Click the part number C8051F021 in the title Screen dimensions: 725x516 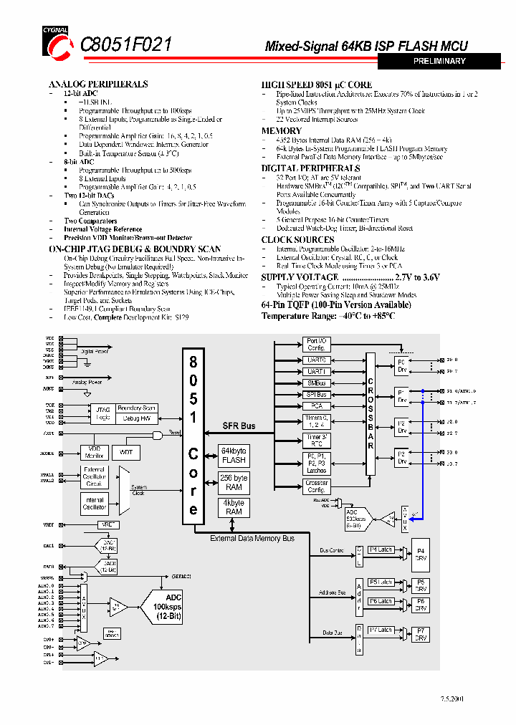pyautogui.click(x=126, y=44)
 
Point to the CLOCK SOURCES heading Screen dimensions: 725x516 pyautogui.click(x=297, y=239)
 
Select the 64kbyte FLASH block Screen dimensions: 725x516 pyautogui.click(x=234, y=456)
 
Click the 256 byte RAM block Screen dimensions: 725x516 pyautogui.click(x=234, y=482)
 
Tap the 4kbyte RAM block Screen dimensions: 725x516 pyautogui.click(x=234, y=507)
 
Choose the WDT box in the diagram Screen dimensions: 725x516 pyautogui.click(x=125, y=453)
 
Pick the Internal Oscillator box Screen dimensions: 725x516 pyautogui.click(x=95, y=503)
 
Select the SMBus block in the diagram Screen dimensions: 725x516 pyautogui.click(x=316, y=383)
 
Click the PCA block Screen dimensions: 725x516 pyautogui.click(x=316, y=405)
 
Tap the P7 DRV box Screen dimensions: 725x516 pyautogui.click(x=421, y=633)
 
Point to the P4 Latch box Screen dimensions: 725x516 pyautogui.click(x=381, y=549)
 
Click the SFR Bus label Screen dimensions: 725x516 pyautogui.click(x=239, y=426)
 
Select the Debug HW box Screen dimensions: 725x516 pyautogui.click(x=136, y=418)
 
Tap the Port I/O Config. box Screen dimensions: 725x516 pyautogui.click(x=316, y=344)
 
